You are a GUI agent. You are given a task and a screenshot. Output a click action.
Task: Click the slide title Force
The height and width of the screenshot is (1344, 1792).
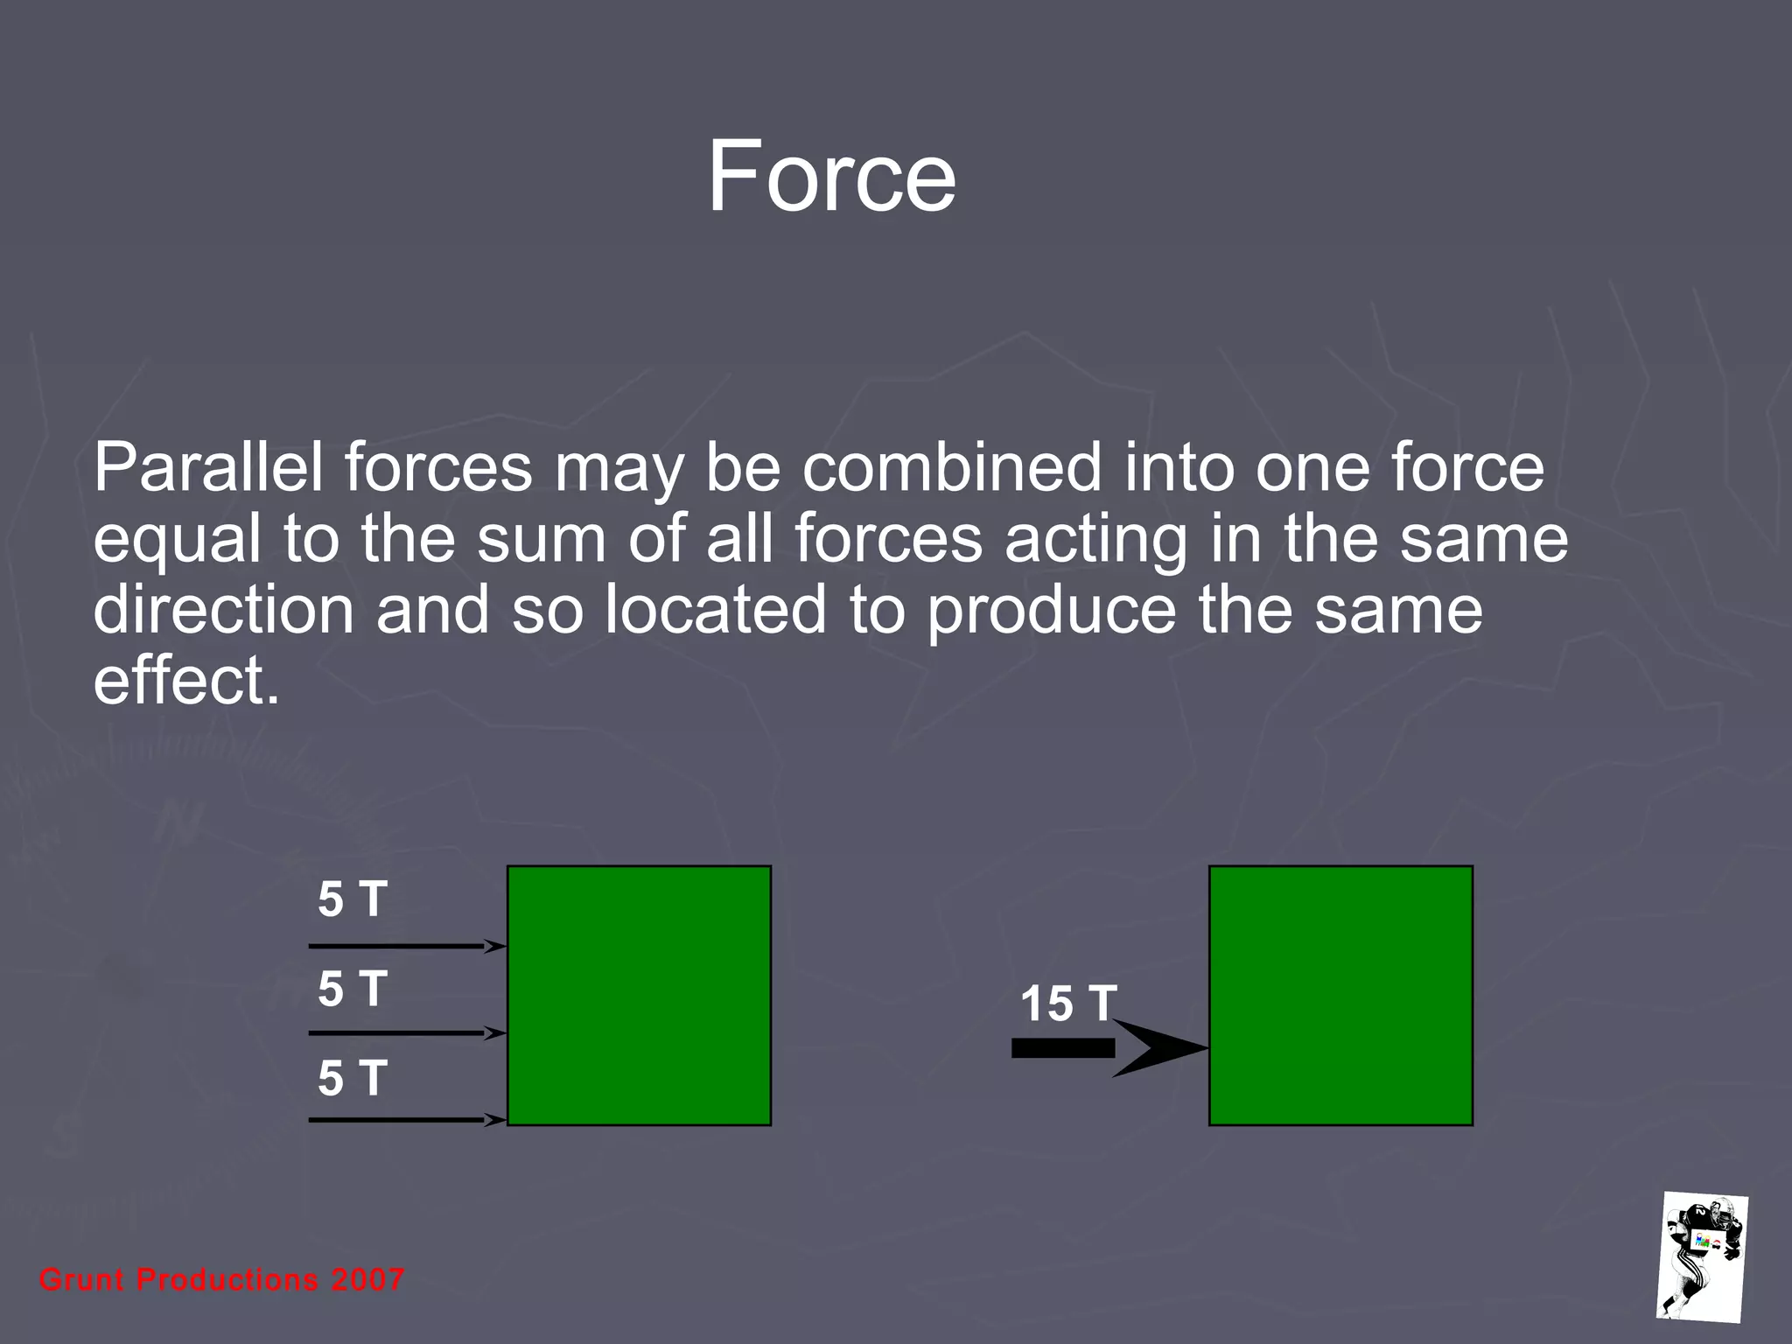830,177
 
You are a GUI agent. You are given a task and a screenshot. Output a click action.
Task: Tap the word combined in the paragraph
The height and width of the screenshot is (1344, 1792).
952,467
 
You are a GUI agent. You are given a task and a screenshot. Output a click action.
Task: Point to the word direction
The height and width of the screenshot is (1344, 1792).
223,610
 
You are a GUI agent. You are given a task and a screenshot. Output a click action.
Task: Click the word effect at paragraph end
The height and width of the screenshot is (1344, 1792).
185,681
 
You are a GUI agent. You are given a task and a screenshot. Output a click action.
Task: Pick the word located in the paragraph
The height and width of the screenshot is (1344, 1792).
715,610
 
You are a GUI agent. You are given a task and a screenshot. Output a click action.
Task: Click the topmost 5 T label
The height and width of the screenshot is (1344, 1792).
352,899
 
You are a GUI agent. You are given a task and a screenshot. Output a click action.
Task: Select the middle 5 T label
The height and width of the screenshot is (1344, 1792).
352,989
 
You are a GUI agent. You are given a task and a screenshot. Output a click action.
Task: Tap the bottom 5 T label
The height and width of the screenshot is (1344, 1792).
352,1078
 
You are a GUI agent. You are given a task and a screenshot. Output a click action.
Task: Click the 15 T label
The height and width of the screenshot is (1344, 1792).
1068,1004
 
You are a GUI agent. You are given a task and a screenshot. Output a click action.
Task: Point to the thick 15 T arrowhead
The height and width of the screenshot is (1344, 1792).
1159,1047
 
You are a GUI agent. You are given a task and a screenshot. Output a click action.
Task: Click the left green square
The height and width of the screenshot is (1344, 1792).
639,995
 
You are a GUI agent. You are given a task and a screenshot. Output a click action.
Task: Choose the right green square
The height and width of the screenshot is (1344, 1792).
1340,995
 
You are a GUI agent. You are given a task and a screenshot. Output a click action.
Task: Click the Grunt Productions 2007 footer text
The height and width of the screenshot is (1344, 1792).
221,1280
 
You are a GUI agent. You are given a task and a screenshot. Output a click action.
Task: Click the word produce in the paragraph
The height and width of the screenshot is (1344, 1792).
1051,610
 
